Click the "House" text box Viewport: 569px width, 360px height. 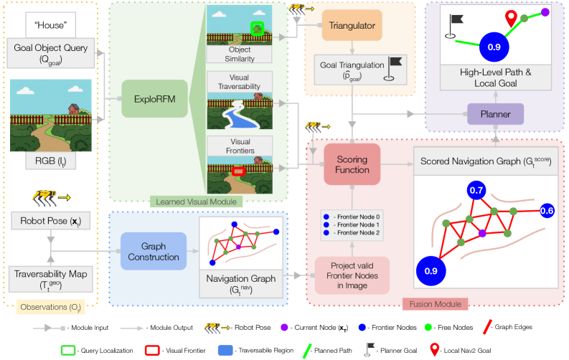click(x=51, y=27)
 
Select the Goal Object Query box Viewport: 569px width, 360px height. click(x=51, y=54)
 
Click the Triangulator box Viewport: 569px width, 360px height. click(x=352, y=25)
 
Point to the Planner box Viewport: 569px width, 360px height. click(x=495, y=113)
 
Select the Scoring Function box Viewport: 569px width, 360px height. click(x=352, y=164)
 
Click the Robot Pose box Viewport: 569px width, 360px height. click(x=51, y=220)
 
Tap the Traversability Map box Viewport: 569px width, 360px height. click(x=51, y=278)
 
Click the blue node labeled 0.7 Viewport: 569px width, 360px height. click(x=476, y=191)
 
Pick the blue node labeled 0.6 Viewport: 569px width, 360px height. click(x=547, y=211)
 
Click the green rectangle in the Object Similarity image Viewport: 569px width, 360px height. click(x=257, y=28)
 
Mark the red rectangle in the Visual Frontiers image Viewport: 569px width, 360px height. click(x=239, y=171)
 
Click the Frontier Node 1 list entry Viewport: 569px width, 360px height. click(x=353, y=224)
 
